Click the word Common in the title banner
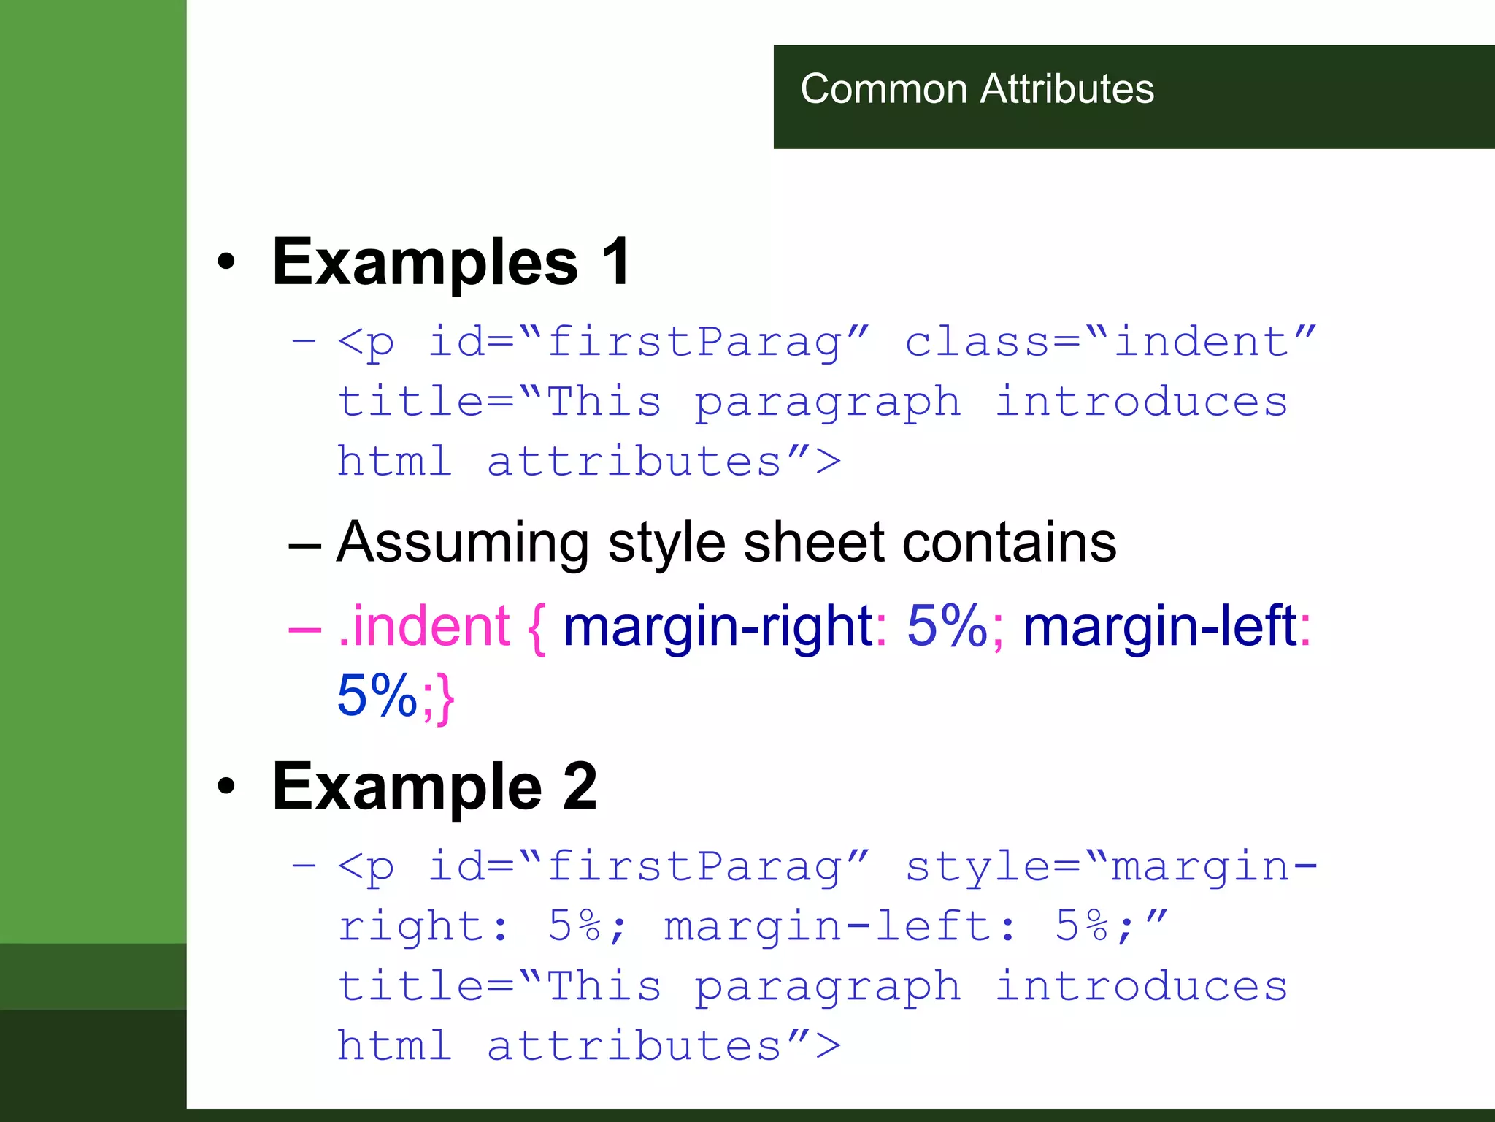(x=883, y=89)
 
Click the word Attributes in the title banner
(x=1067, y=89)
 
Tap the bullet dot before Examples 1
(x=226, y=262)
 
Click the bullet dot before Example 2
(x=226, y=786)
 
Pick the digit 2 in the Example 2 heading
(x=580, y=786)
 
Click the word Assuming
(x=463, y=543)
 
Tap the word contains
(x=1009, y=543)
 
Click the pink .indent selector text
(x=423, y=626)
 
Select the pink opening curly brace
(x=537, y=628)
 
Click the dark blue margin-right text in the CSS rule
(x=718, y=627)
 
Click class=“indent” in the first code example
(x=1110, y=341)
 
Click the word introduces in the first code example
(x=1142, y=402)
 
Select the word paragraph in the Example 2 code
(x=827, y=987)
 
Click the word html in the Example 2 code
(x=394, y=1045)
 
